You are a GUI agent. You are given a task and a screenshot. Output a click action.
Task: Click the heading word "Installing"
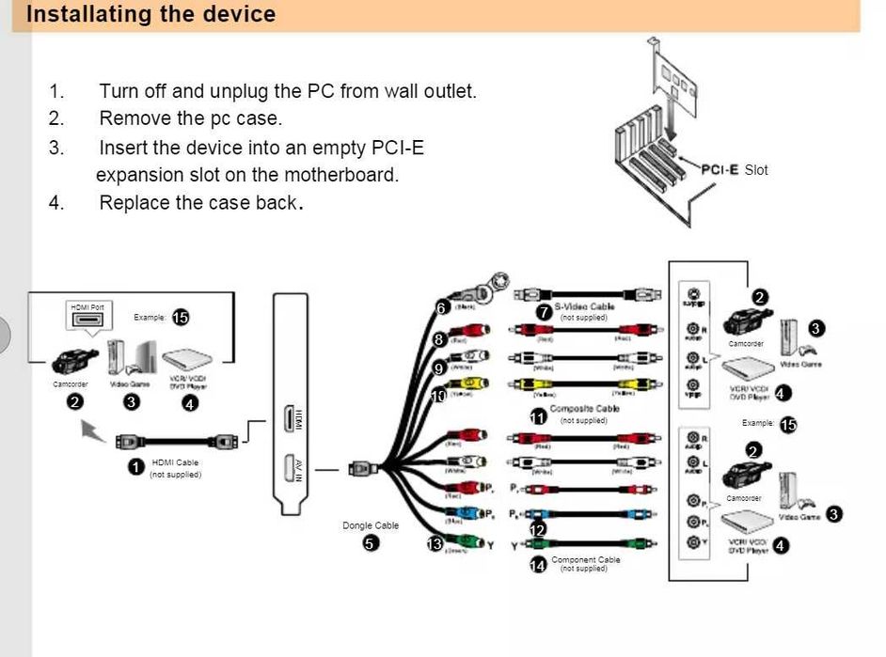[x=75, y=14]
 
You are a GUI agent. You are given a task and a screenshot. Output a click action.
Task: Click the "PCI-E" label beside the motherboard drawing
[x=720, y=169]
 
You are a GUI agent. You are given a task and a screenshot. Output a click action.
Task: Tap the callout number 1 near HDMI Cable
[x=136, y=466]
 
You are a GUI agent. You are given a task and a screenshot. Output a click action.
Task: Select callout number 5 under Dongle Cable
[x=372, y=543]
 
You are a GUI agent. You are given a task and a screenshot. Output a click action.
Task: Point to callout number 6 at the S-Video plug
[x=441, y=307]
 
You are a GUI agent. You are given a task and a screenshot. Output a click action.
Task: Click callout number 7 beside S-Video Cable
[x=544, y=311]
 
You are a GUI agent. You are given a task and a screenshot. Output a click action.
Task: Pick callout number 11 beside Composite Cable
[x=538, y=417]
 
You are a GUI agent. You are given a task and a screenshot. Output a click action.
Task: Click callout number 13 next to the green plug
[x=435, y=543]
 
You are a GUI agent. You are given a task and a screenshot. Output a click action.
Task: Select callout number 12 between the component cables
[x=538, y=530]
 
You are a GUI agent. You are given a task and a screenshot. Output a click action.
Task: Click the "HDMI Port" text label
[x=87, y=307]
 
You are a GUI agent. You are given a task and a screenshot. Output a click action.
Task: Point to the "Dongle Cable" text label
[x=371, y=525]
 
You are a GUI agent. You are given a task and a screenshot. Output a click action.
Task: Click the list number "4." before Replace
[x=57, y=203]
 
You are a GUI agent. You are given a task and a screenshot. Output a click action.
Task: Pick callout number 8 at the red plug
[x=438, y=338]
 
